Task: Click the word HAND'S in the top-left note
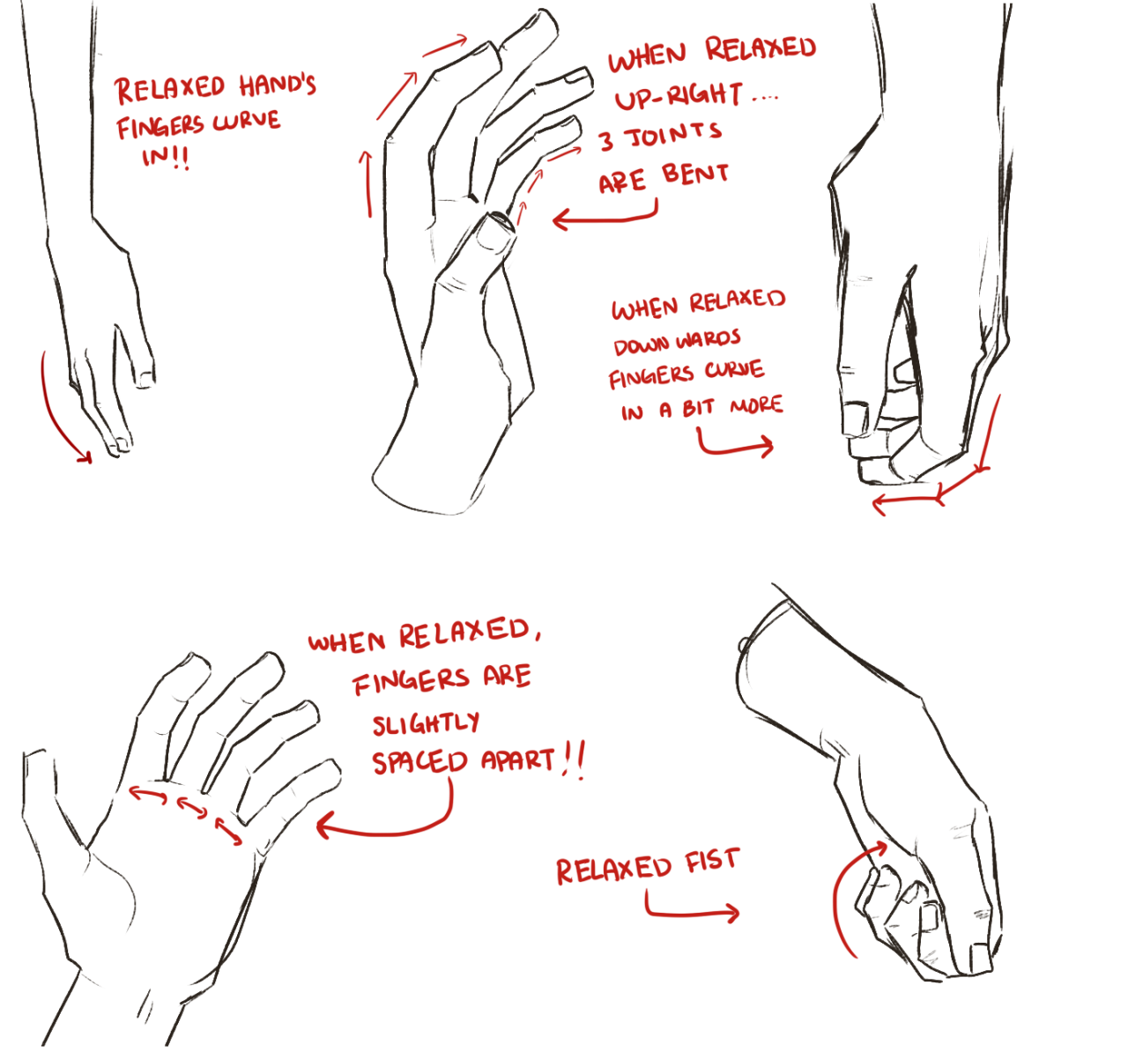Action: tap(278, 86)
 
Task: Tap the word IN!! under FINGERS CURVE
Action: tap(166, 158)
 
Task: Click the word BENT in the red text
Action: tap(694, 174)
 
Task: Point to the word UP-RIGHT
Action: tap(679, 96)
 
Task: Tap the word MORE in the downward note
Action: tap(756, 405)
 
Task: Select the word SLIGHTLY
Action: tap(426, 723)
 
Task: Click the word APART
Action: tap(518, 760)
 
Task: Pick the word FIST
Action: tap(712, 862)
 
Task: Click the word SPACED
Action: tap(419, 762)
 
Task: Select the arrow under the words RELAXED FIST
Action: tap(681, 913)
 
